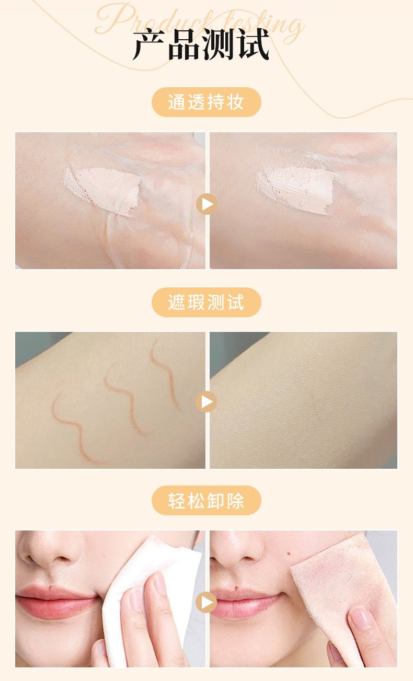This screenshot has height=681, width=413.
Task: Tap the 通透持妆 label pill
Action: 206,102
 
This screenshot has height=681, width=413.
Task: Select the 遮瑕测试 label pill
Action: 206,302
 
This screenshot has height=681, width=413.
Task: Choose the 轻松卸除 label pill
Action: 206,500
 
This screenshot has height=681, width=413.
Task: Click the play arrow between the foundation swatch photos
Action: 206,204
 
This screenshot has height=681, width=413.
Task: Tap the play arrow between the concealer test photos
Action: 206,401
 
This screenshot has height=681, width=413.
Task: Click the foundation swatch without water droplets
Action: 103,190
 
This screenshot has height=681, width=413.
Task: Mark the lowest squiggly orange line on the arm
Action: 77,429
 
